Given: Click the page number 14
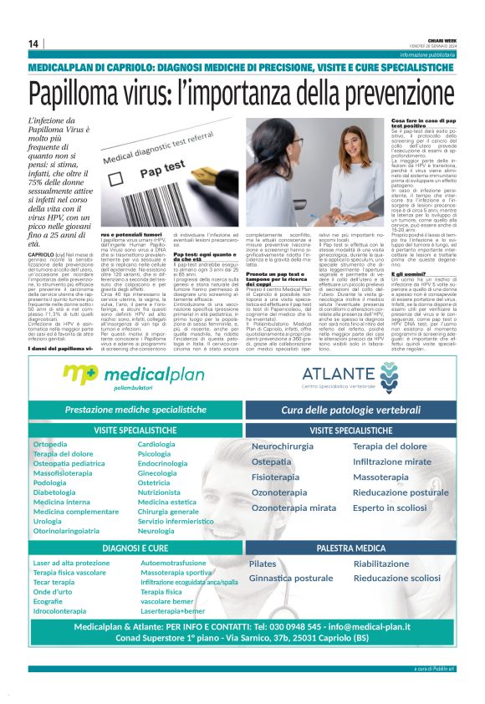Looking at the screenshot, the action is pos(33,43).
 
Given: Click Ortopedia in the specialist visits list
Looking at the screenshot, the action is pos(50,444).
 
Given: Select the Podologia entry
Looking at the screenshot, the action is pos(50,482).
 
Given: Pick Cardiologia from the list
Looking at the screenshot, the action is pos(156,444).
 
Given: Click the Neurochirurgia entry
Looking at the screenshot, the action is pos(283,447).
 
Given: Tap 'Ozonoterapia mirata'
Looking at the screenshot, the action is pos(294,508).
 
